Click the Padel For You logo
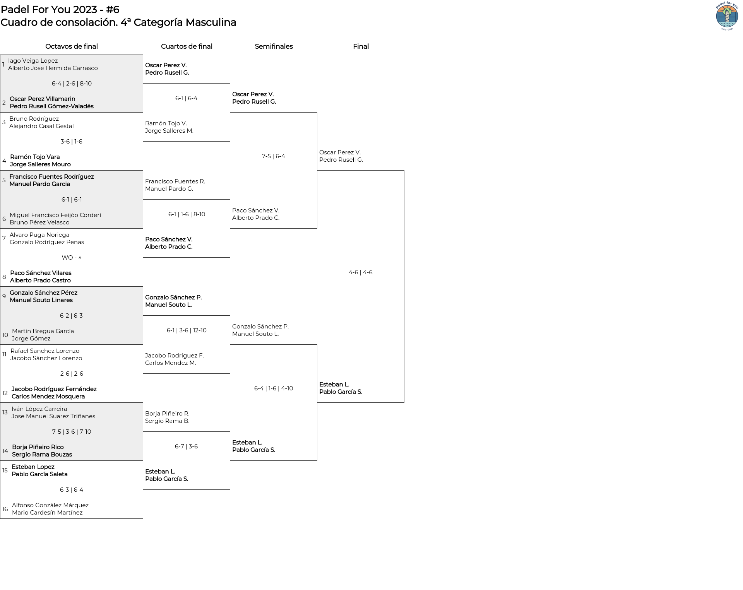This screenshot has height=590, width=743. (727, 16)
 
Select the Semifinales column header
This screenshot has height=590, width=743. (274, 46)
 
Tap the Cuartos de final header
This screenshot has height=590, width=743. (187, 46)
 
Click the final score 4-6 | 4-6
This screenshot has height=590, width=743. (360, 272)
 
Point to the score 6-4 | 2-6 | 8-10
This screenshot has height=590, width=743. (72, 84)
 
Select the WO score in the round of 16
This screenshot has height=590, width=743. (72, 258)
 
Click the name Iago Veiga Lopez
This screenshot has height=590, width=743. (33, 61)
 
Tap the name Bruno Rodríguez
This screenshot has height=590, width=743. (34, 119)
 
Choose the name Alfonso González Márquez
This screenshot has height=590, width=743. (50, 505)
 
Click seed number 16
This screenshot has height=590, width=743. (5, 509)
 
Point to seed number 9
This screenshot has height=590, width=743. (4, 296)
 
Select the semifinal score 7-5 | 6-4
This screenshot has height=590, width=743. (273, 156)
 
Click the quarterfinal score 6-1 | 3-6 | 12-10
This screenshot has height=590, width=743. (187, 330)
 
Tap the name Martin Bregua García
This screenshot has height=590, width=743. (43, 331)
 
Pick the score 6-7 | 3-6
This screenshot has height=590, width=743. (186, 446)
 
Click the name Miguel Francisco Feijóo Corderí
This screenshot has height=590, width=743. (55, 215)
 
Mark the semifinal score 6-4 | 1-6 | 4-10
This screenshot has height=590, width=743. (274, 388)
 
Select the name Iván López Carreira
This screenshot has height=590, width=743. (39, 409)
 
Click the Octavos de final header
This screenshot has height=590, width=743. (72, 46)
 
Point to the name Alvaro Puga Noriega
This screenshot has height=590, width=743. (39, 235)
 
